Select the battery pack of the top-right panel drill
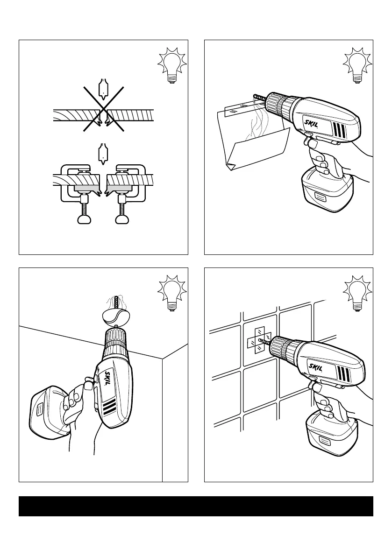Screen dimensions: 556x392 [x=326, y=191]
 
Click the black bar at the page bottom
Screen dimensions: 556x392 [x=196, y=506]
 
